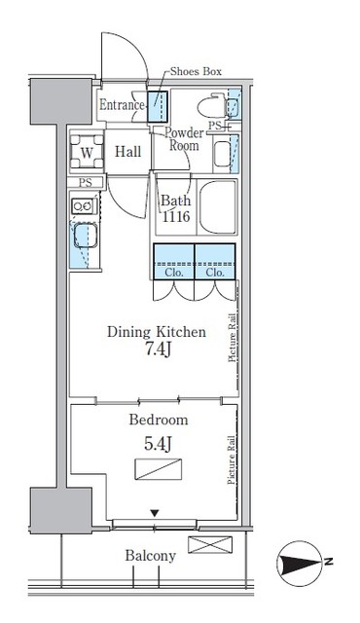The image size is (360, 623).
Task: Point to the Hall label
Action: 128,152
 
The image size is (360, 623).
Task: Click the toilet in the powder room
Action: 211,106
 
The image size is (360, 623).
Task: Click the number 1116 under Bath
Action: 175,219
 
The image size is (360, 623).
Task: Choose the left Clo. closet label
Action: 173,273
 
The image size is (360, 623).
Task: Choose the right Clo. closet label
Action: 215,273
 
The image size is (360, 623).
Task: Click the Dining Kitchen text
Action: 156,332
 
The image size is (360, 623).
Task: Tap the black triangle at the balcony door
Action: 153,513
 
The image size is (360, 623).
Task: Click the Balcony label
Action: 150,556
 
